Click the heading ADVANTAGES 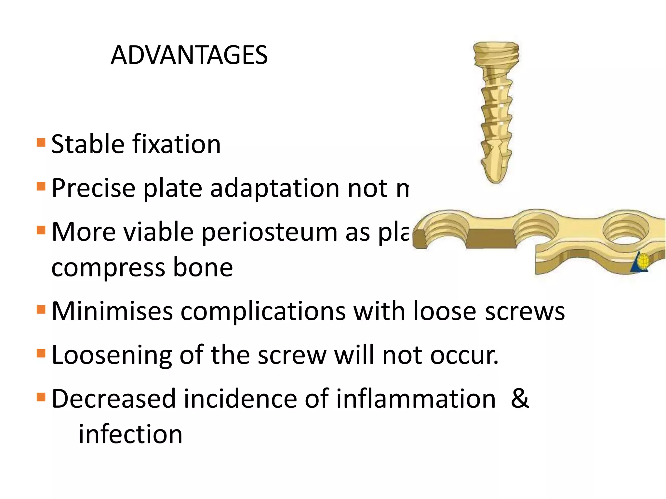click(189, 55)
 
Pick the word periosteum click(270, 233)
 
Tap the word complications click(263, 311)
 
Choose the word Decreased click(113, 399)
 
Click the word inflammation click(416, 399)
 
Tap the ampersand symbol click(520, 399)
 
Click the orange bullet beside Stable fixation click(41, 143)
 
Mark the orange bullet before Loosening click(41, 353)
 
